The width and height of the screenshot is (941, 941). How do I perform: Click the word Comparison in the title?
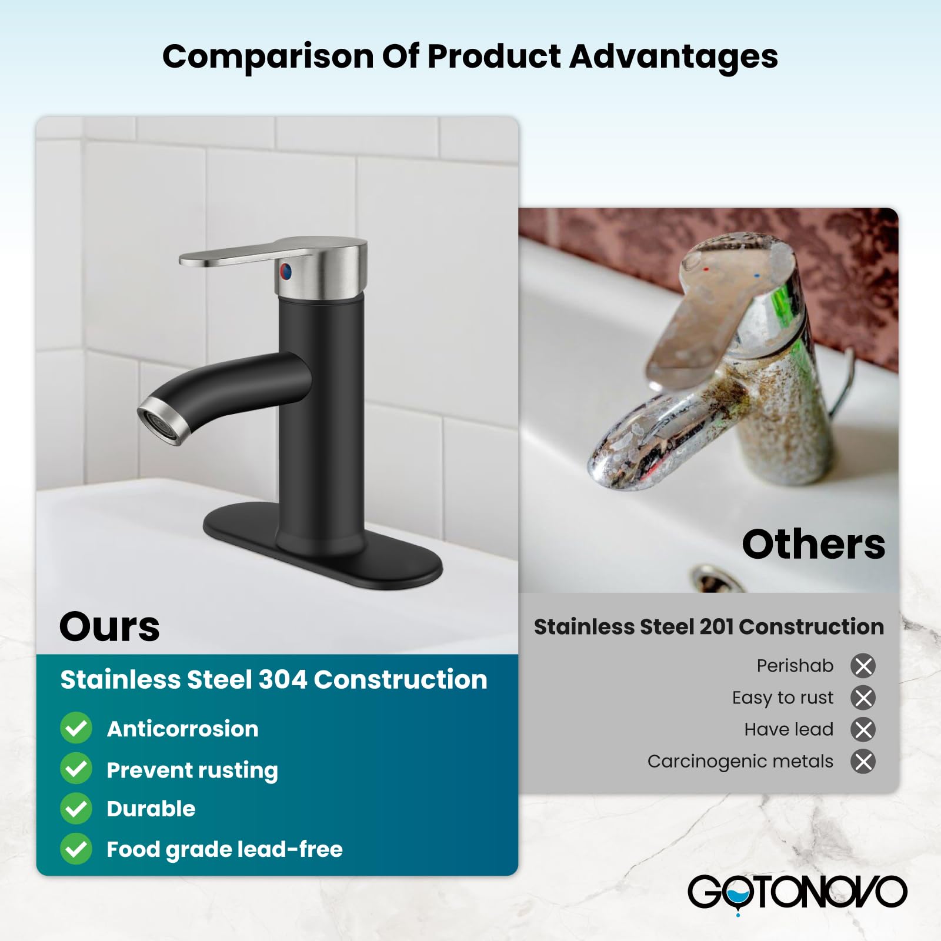268,58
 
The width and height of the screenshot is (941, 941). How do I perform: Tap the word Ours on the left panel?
109,626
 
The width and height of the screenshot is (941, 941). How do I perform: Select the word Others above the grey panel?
813,544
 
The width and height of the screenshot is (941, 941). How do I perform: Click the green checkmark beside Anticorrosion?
76,728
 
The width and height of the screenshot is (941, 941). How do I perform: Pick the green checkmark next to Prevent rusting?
76,769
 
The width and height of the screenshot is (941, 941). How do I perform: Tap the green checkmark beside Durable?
76,809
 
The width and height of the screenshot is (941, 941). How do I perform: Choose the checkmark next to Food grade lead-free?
76,849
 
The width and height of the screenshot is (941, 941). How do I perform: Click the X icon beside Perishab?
863,666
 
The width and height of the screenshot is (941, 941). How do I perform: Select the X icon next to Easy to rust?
863,698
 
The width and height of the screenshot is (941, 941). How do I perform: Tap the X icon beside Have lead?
863,729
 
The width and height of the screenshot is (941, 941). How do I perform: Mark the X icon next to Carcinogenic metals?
863,762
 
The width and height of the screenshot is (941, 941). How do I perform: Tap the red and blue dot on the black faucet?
285,271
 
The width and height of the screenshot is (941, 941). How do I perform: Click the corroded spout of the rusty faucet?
635,447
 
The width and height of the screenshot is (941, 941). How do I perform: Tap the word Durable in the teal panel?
151,809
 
